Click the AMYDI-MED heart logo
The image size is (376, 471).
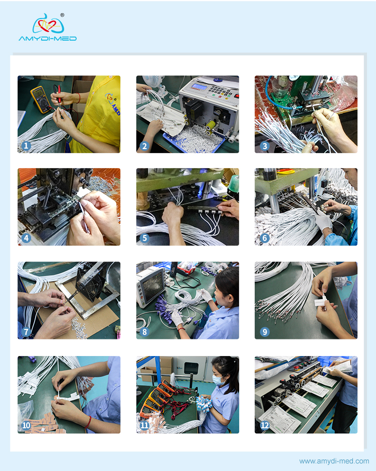(x=48, y=24)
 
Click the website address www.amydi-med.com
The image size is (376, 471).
(x=334, y=461)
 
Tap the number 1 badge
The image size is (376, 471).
(x=26, y=146)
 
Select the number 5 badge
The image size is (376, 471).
(x=144, y=238)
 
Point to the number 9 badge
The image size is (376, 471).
(x=265, y=331)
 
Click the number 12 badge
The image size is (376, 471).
(x=265, y=425)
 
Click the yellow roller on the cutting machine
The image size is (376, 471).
(x=211, y=125)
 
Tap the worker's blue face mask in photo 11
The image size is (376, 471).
(x=218, y=380)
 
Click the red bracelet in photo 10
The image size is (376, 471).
(x=88, y=422)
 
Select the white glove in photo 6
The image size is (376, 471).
(x=324, y=221)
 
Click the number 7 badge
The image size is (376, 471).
(x=26, y=331)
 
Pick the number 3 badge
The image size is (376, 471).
(x=265, y=146)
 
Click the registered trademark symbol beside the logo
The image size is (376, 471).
(x=62, y=15)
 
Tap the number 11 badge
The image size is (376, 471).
(x=144, y=425)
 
